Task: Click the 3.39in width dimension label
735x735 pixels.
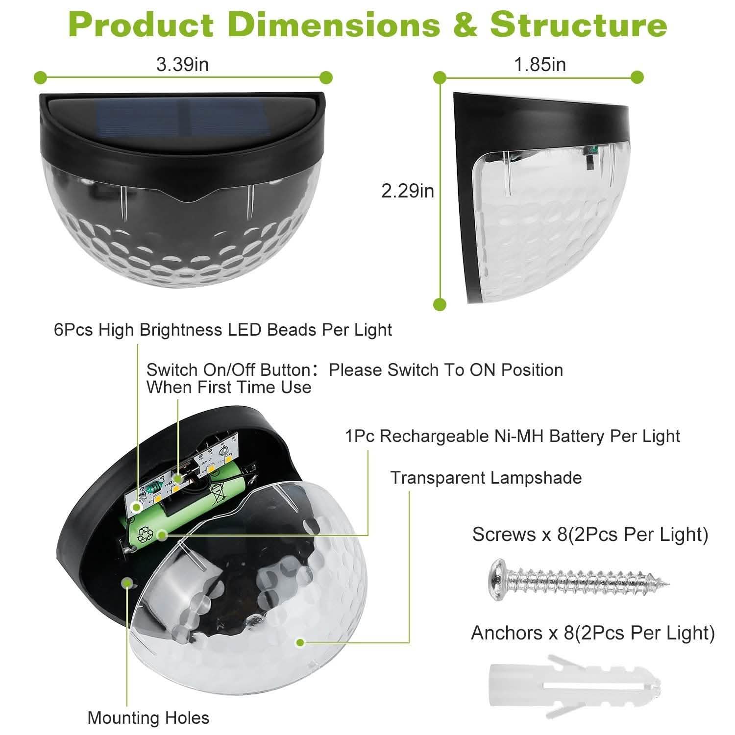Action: [182, 65]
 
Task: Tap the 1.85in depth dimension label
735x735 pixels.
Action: [540, 65]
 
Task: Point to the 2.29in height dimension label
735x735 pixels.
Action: [408, 191]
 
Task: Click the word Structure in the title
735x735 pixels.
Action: [578, 24]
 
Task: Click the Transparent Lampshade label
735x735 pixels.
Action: [486, 478]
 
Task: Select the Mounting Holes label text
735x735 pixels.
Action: [148, 718]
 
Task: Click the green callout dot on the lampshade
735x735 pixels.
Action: [300, 642]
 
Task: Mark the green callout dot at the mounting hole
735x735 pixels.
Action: [128, 584]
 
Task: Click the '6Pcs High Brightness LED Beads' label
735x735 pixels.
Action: [223, 330]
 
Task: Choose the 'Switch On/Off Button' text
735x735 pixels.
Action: [228, 370]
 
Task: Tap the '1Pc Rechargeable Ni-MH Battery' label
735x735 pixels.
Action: [513, 436]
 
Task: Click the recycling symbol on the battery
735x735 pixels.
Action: [147, 535]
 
